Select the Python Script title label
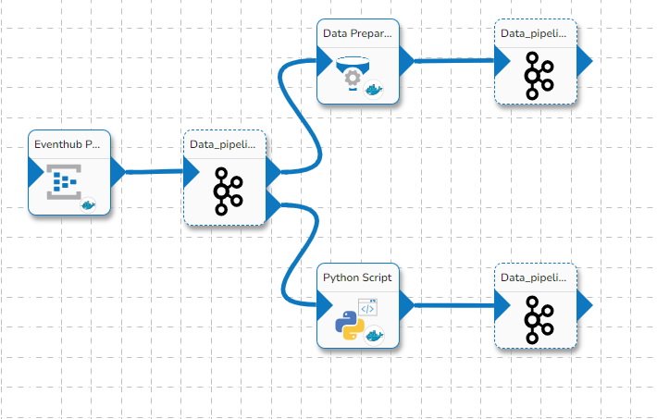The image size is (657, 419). tap(357, 277)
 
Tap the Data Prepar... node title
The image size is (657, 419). tap(357, 33)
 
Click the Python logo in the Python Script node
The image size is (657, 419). tap(348, 326)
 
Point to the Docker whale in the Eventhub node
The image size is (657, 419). tap(89, 205)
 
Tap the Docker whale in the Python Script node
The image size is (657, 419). tap(375, 335)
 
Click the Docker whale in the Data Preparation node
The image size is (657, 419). tap(375, 90)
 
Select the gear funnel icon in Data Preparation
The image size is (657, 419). tap(353, 75)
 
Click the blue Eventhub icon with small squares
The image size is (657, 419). tap(63, 182)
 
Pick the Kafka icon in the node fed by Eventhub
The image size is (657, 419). tap(227, 191)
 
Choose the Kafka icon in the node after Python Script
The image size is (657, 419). tap(538, 316)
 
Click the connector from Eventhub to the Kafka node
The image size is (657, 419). tap(154, 171)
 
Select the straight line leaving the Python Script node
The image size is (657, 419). tap(453, 304)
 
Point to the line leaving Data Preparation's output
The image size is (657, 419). tap(453, 61)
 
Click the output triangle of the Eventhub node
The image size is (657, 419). tap(118, 171)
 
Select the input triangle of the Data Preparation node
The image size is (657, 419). tap(324, 61)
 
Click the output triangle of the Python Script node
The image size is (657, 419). tap(406, 303)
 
